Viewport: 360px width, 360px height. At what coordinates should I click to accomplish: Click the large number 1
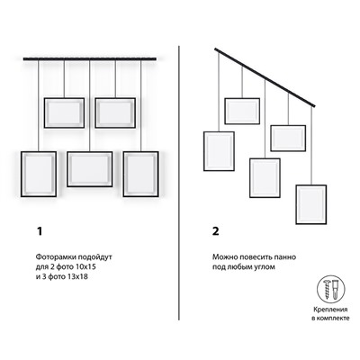pyautogui.click(x=40, y=231)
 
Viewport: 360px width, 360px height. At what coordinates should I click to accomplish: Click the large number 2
pyautogui.click(x=216, y=231)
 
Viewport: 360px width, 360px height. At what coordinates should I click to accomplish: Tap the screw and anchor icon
pyautogui.click(x=331, y=290)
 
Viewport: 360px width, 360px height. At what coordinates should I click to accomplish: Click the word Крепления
pyautogui.click(x=330, y=310)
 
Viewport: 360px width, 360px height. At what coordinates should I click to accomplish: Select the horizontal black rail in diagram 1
pyautogui.click(x=90, y=58)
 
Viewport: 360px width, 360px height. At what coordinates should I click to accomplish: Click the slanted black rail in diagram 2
pyautogui.click(x=265, y=77)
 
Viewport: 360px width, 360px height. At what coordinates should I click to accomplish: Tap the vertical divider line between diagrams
pyautogui.click(x=179, y=183)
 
